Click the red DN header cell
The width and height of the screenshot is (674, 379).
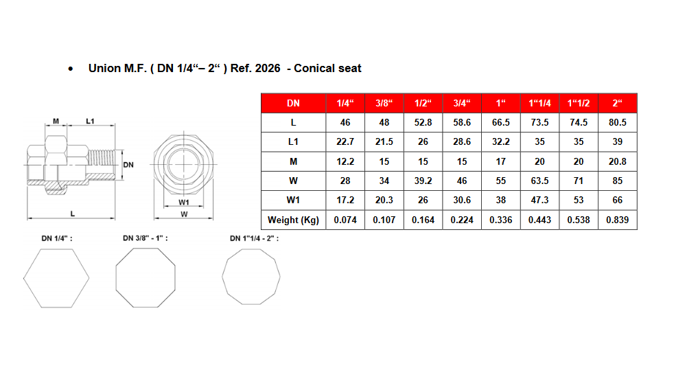293,103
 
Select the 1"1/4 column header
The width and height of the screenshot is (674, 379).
539,103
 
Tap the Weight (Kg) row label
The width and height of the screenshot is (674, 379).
293,220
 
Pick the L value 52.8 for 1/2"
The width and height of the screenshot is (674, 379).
423,123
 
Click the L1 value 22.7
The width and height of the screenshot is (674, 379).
345,141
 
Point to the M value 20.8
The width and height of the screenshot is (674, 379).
617,161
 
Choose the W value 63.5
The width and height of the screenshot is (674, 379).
539,181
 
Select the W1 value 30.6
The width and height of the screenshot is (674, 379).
462,200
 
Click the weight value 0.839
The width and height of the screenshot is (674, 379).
617,220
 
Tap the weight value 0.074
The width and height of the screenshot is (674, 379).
345,220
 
